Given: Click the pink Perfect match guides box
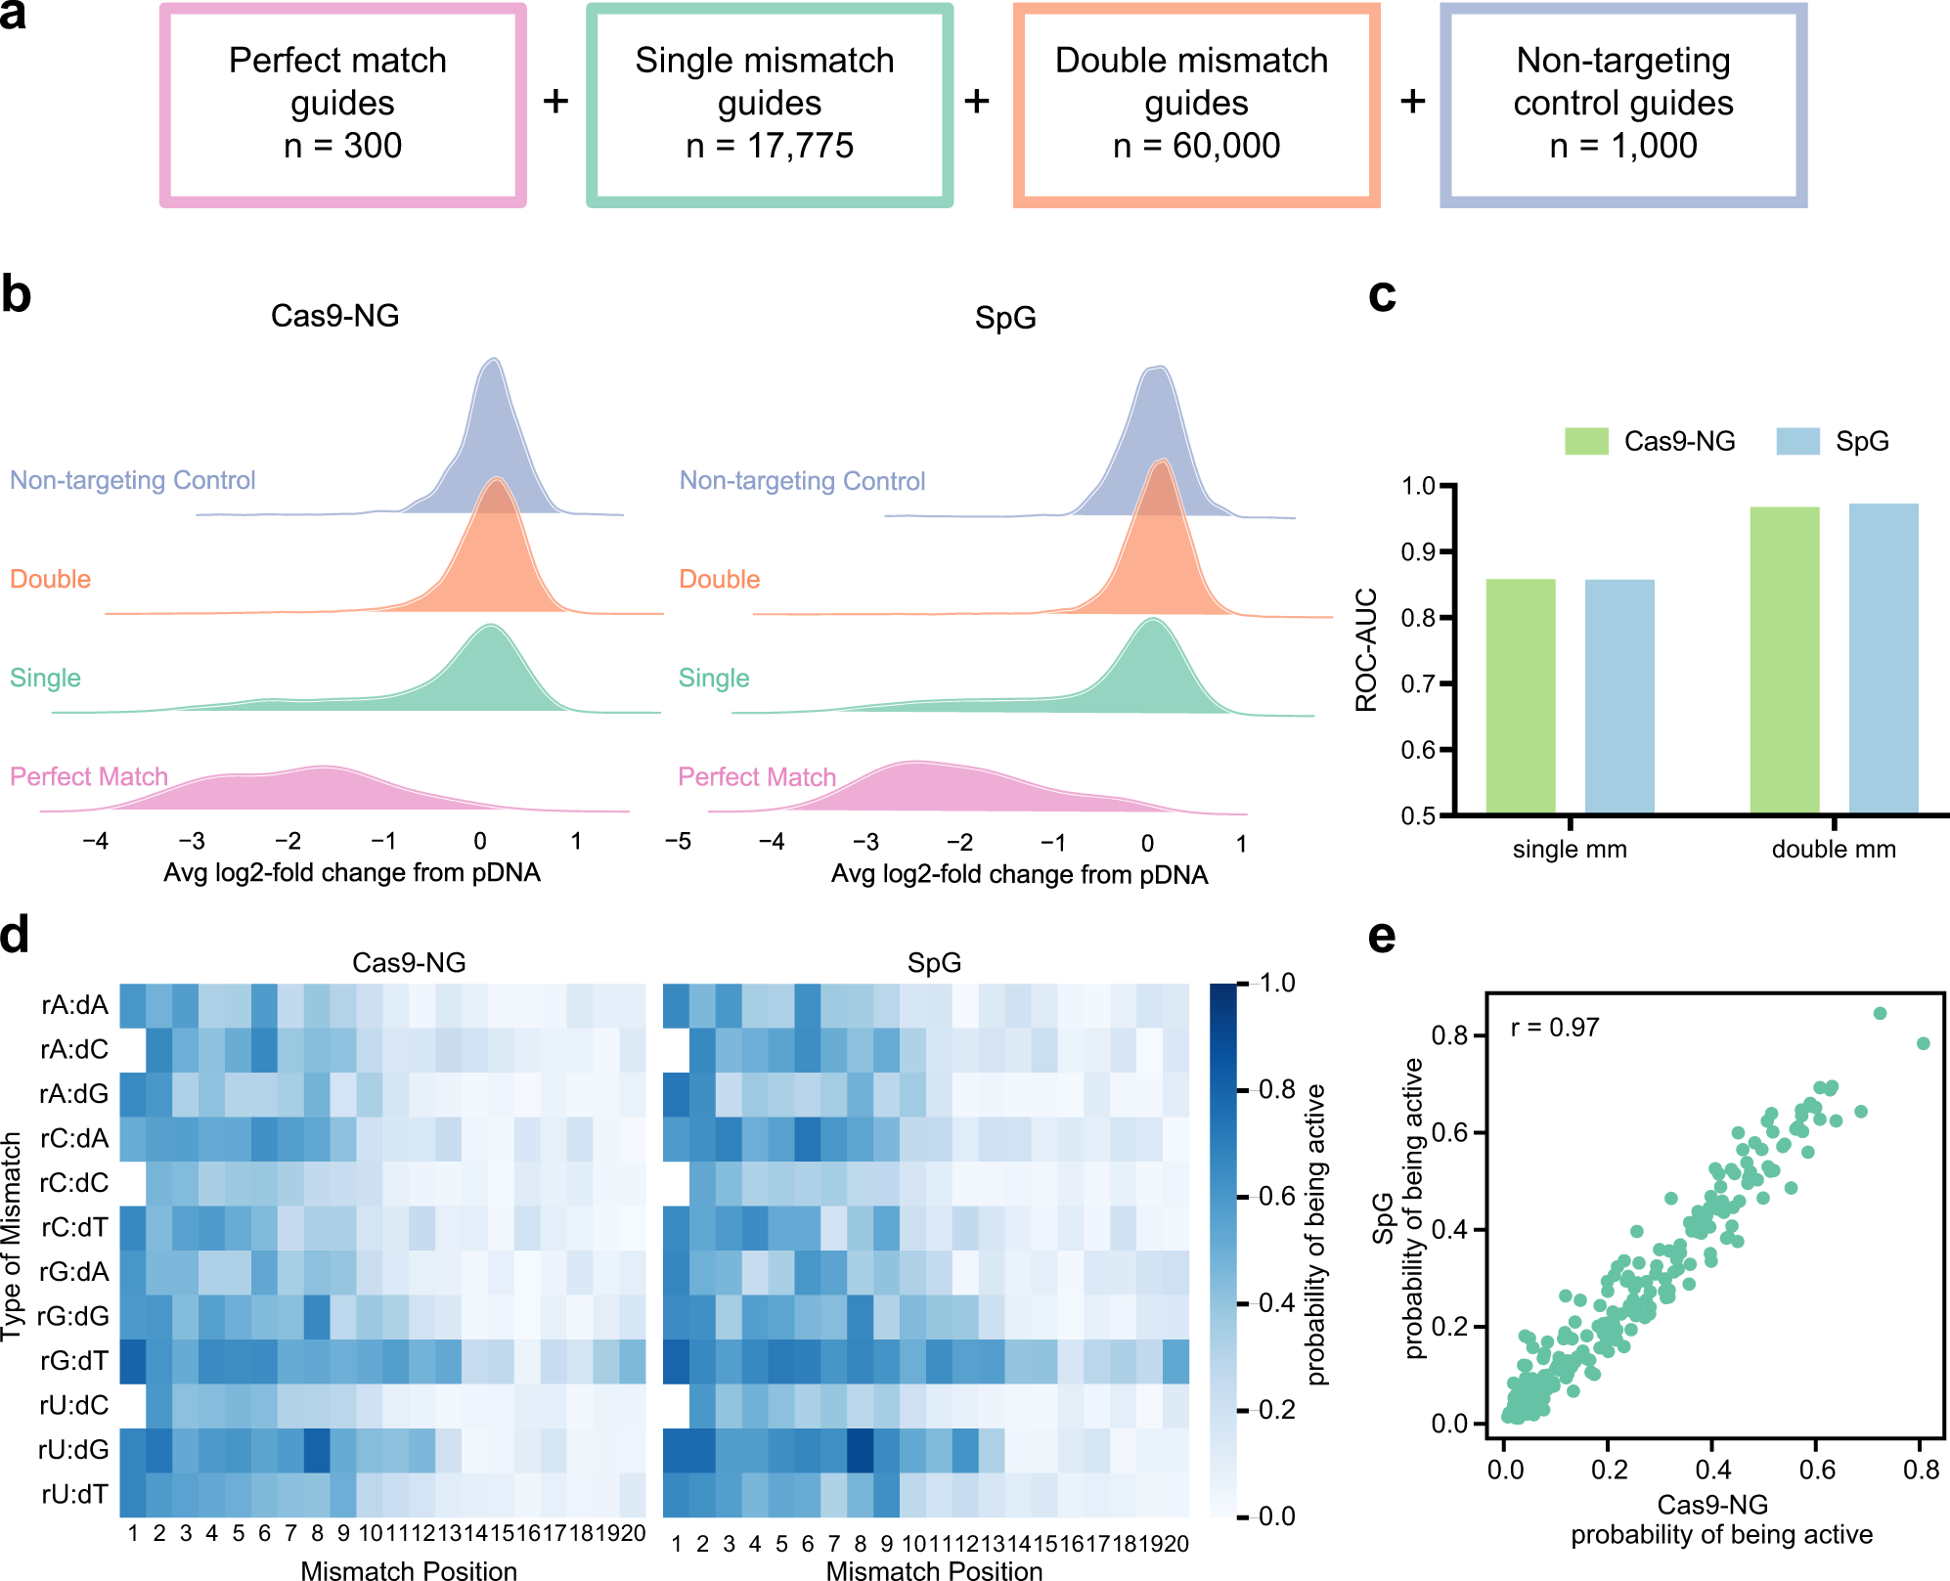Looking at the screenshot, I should coord(342,105).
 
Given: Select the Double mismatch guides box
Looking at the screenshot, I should coord(1195,105).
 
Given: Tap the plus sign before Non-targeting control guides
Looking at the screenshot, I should coord(1412,101).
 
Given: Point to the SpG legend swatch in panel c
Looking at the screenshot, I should coord(1797,441).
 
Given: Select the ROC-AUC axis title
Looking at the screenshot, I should coord(1366,649).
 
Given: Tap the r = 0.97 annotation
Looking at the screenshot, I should coord(1555,1027).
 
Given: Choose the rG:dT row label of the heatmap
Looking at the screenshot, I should coord(73,1360).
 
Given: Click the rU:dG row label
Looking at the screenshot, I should coord(73,1449).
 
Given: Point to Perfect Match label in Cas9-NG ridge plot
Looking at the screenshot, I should coord(89,776).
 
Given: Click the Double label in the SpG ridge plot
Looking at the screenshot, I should coord(719,579).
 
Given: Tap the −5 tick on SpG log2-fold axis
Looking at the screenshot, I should coord(678,842).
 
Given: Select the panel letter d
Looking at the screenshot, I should coord(16,934).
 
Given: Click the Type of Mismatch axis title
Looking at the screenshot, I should coord(12,1236).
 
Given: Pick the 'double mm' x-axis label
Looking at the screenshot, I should coord(1834,849).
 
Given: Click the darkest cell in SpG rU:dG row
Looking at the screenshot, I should coord(860,1449).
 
